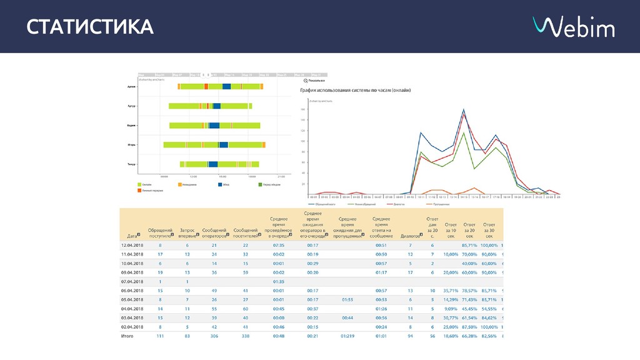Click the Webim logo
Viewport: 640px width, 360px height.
tap(573, 27)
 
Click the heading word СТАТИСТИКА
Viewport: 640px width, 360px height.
tap(90, 27)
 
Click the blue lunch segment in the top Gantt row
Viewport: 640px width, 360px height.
tap(226, 87)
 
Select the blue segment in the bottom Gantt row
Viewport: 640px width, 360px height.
tap(213, 164)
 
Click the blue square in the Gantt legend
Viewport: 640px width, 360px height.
tap(220, 184)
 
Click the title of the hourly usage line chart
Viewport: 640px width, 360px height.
tap(356, 91)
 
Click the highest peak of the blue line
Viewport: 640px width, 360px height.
tap(463, 111)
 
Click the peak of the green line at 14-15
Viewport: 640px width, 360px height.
tap(463, 133)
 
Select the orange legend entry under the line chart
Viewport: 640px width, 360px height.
tap(437, 204)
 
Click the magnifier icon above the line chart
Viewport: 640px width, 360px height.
tap(306, 81)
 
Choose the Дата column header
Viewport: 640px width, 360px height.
tap(132, 236)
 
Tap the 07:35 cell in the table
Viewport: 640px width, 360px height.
tap(279, 245)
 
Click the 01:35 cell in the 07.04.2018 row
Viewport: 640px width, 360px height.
tap(279, 282)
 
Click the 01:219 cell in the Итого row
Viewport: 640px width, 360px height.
tap(347, 336)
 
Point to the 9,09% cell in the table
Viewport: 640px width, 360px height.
tap(451, 309)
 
